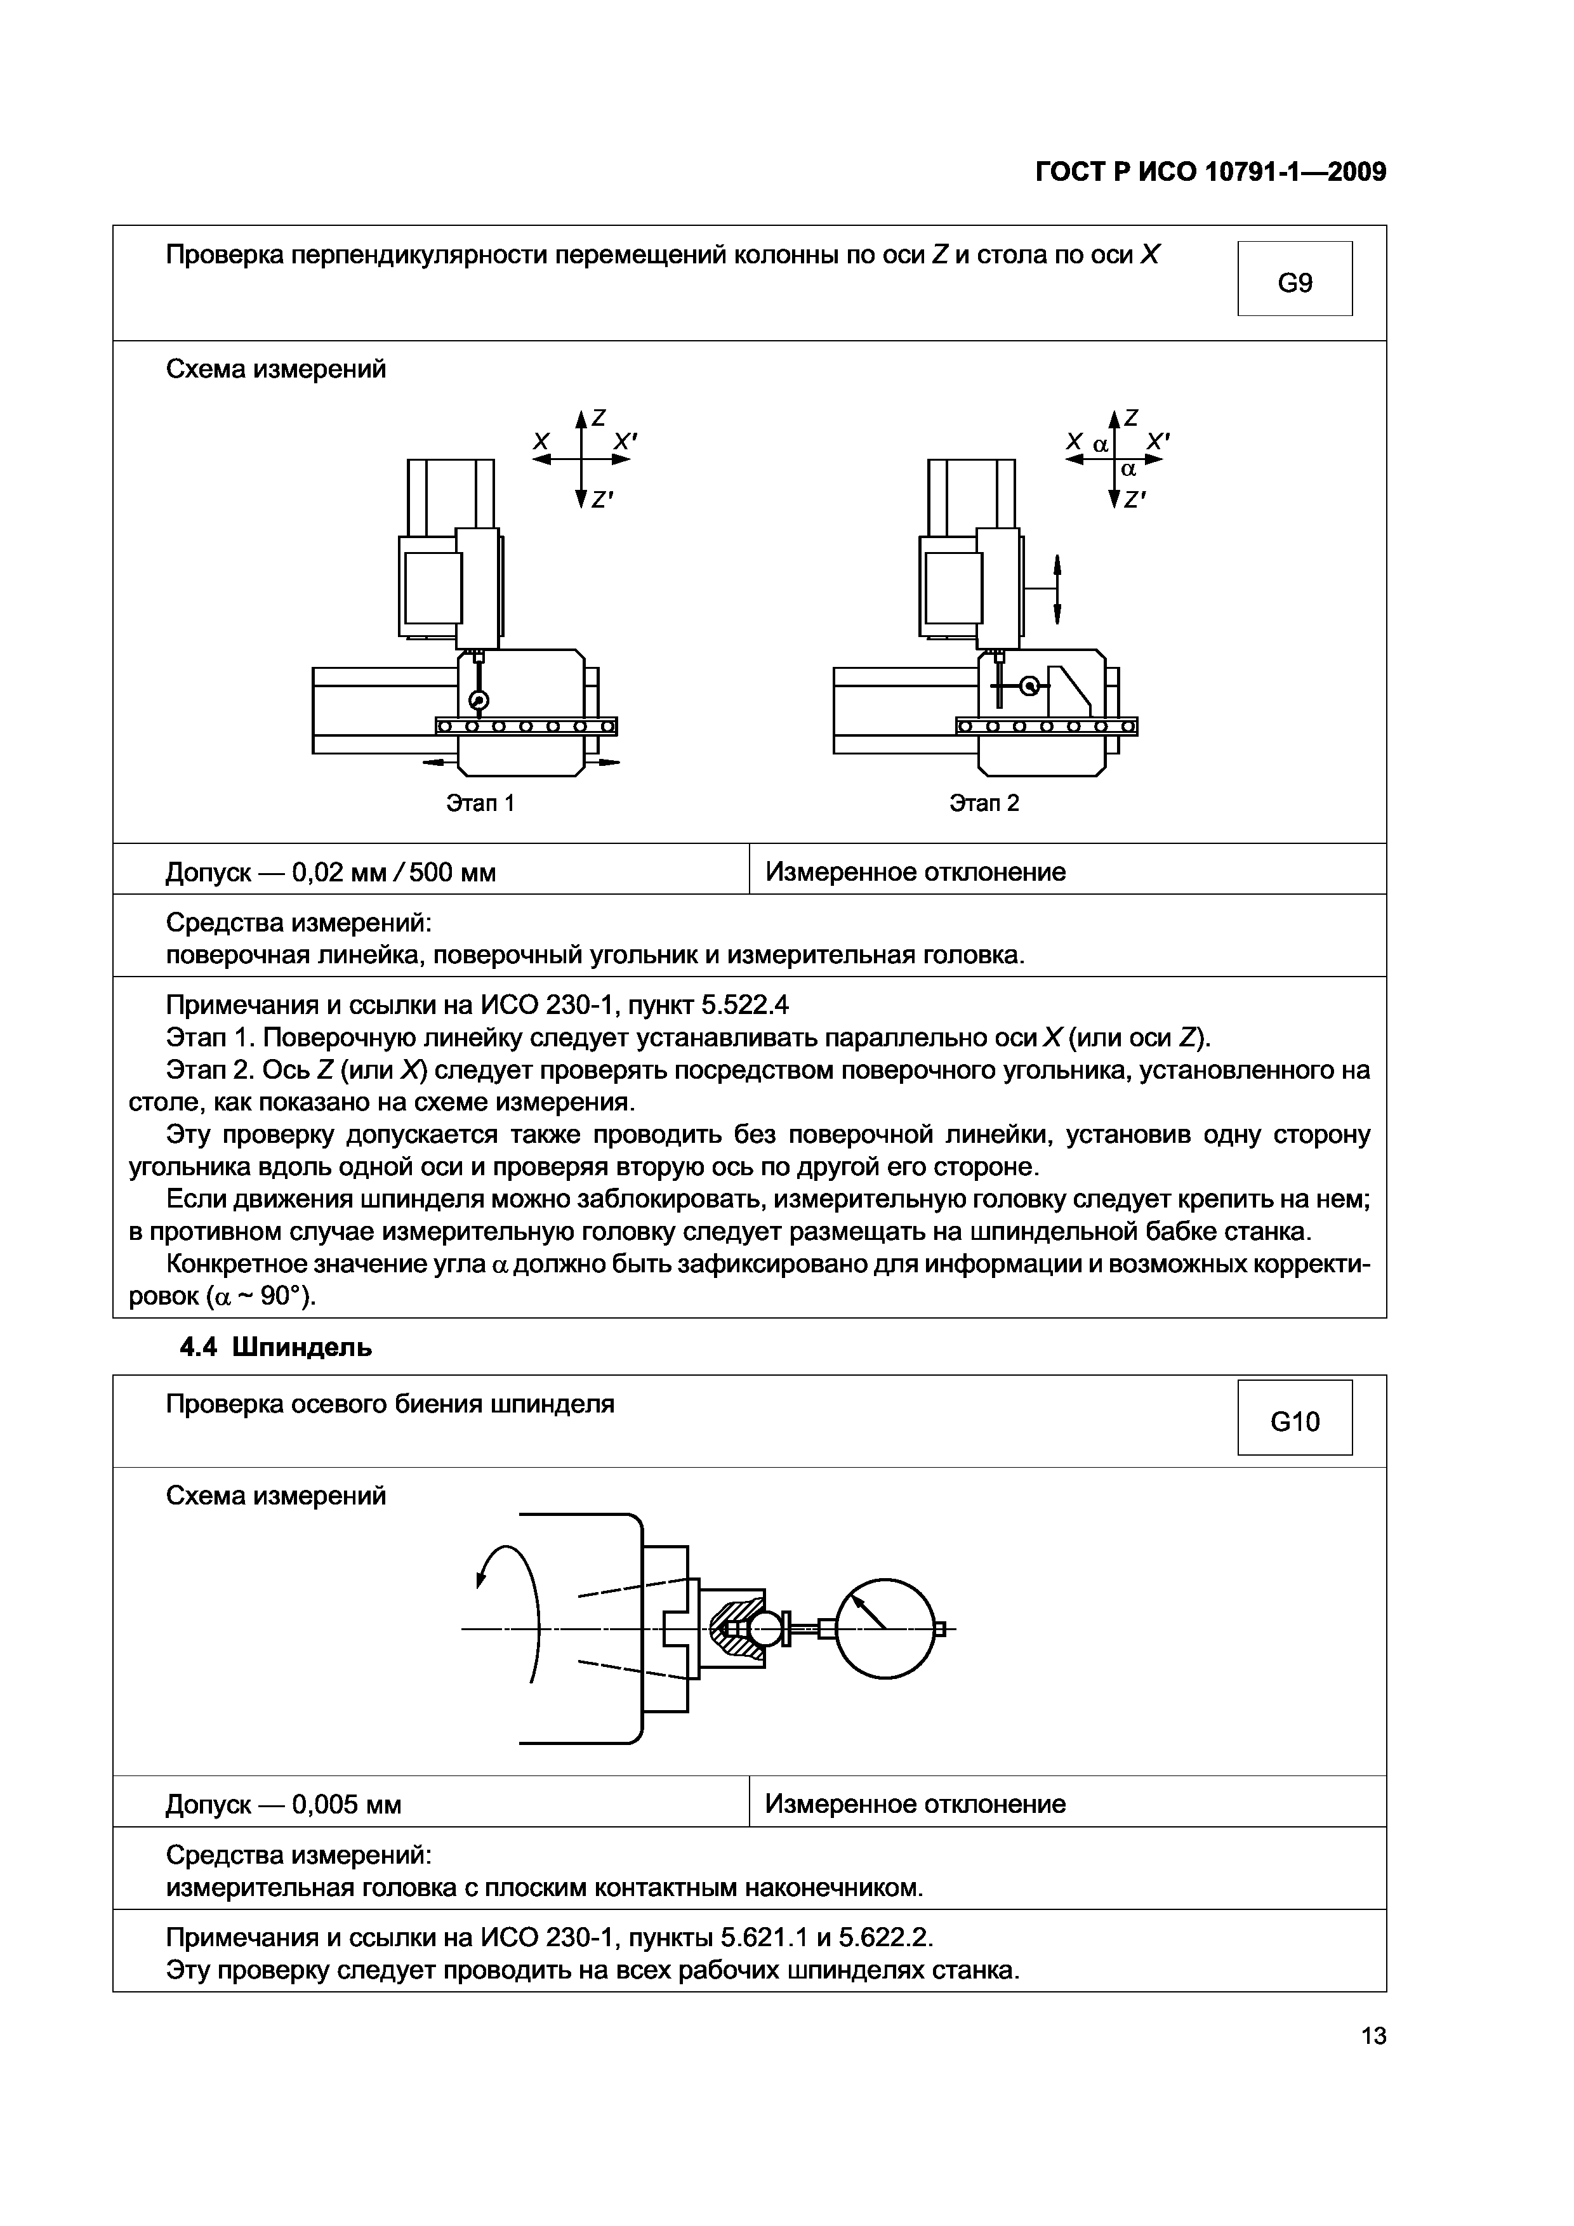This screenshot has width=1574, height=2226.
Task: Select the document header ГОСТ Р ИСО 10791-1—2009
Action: click(x=1210, y=173)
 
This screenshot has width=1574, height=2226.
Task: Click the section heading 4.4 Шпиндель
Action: click(x=275, y=1348)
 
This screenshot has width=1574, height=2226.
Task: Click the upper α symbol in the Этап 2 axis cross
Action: click(x=1100, y=445)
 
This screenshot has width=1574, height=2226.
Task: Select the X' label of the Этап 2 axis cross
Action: click(x=1157, y=441)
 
